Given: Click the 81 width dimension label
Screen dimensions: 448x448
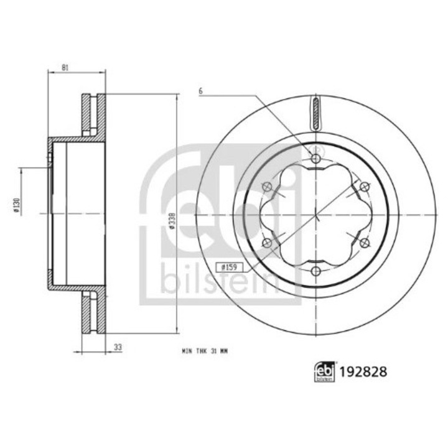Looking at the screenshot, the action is pos(65,68).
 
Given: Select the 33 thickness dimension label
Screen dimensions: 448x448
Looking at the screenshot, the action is pos(118,347).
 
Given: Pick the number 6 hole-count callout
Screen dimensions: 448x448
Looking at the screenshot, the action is pos(200,91).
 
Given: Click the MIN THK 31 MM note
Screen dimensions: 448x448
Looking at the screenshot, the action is pos(205,351).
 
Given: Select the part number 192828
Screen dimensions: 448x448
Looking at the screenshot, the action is pos(363,371).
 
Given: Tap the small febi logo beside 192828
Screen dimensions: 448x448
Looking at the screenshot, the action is pos(325,371).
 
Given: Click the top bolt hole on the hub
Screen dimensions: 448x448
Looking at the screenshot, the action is pos(315,158).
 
